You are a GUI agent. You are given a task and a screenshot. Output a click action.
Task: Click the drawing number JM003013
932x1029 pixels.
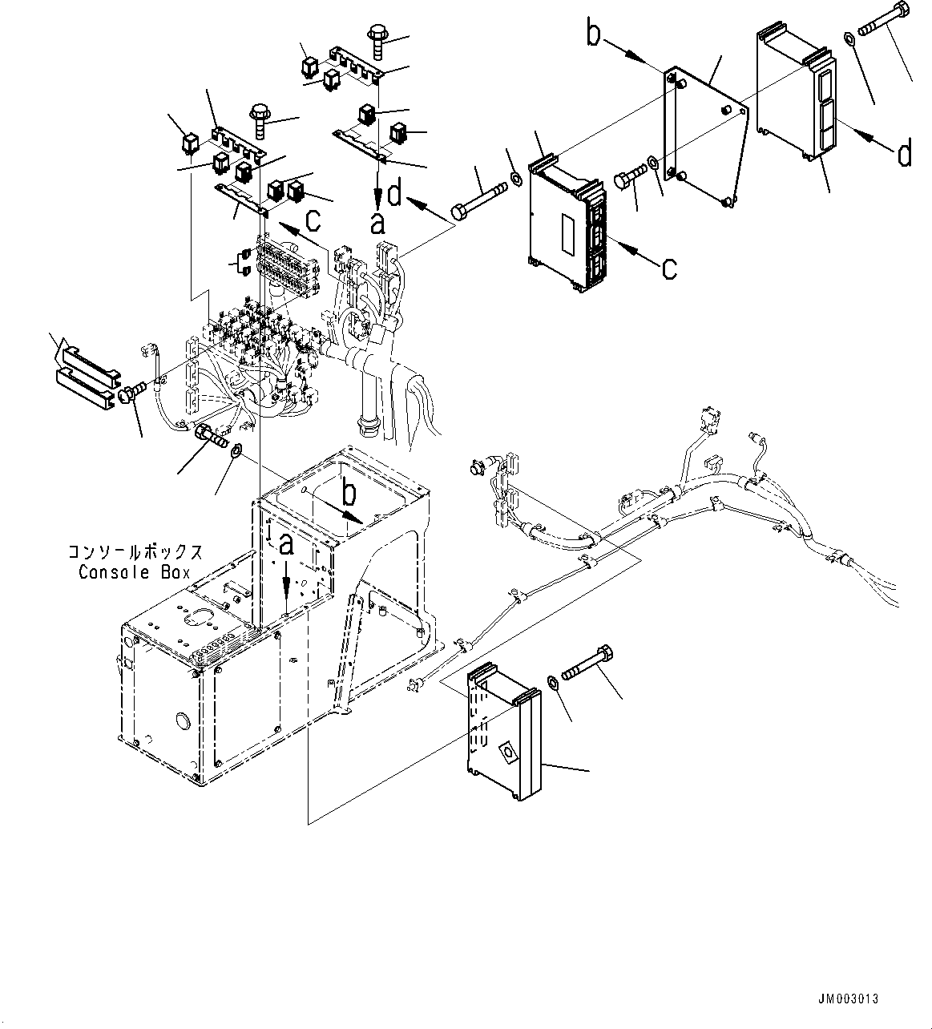[848, 999]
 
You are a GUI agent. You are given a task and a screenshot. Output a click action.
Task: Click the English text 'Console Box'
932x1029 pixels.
[134, 572]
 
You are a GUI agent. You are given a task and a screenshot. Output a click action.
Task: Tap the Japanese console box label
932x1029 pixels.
[134, 553]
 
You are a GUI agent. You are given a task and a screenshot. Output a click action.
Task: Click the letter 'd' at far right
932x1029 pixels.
[904, 152]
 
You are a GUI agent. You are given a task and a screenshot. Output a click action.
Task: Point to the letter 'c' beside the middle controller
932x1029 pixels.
[668, 268]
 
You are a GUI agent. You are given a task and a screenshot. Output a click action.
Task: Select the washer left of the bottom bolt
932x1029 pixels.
[554, 682]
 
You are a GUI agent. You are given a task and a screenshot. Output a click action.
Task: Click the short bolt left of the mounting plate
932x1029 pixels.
[629, 178]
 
